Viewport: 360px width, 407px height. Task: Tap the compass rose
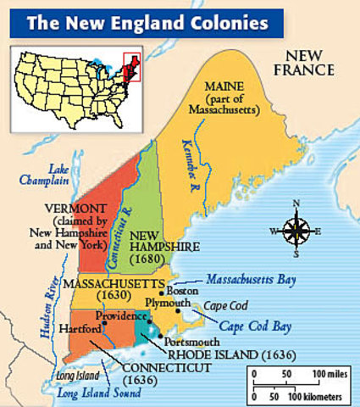click(296, 229)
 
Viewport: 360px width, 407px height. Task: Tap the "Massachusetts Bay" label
click(253, 277)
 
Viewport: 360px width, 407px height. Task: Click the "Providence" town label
click(117, 315)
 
